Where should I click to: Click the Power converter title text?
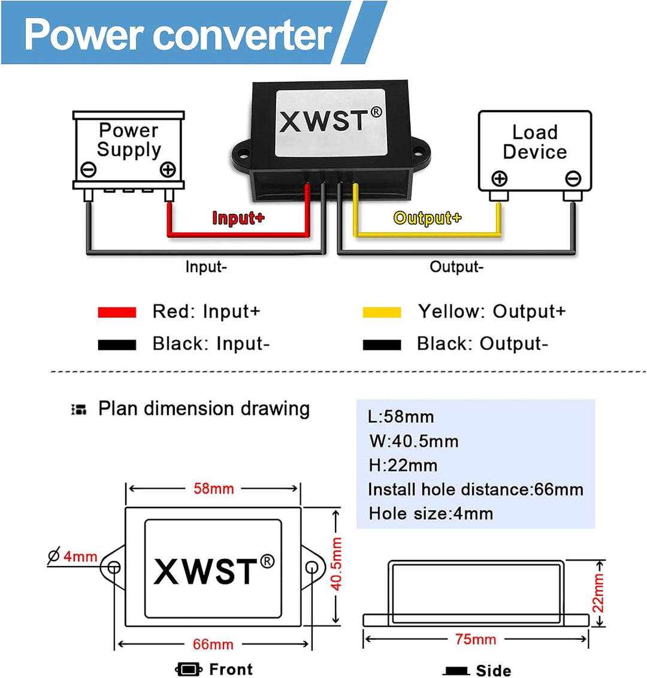(x=178, y=34)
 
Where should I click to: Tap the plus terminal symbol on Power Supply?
(x=168, y=170)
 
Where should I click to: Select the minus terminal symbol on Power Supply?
(x=88, y=170)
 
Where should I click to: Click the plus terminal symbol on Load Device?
(x=499, y=178)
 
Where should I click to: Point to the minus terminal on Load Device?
(x=573, y=178)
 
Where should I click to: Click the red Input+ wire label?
(x=238, y=218)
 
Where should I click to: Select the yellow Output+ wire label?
(x=427, y=218)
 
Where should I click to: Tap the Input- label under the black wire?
(x=206, y=267)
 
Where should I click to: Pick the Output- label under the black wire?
(x=456, y=267)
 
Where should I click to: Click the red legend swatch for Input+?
(x=117, y=312)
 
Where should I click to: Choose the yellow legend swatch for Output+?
(x=382, y=312)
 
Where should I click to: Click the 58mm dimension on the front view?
(x=213, y=489)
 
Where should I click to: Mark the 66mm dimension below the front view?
(x=213, y=644)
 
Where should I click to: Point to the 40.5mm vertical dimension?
(x=337, y=564)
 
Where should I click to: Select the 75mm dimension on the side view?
(x=476, y=639)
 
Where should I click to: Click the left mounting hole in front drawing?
(x=113, y=567)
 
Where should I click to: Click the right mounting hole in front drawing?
(x=311, y=567)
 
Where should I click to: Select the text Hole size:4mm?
(x=431, y=513)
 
